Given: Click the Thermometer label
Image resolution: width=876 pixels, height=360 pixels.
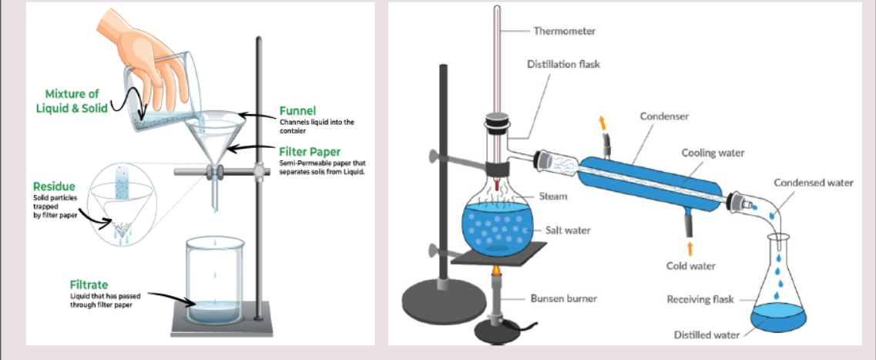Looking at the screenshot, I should (x=564, y=31).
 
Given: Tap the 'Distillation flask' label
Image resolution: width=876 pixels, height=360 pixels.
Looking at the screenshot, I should (x=563, y=65).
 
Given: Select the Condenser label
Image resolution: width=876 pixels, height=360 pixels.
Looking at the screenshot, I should (x=664, y=116).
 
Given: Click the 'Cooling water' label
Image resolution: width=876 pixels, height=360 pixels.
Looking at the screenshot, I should (x=713, y=153).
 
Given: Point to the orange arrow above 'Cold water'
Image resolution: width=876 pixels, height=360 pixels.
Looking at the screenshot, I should (x=690, y=247).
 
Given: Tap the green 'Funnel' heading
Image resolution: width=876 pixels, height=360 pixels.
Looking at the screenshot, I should (x=297, y=111).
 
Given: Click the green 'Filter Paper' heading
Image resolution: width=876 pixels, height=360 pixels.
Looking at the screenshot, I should (x=310, y=152).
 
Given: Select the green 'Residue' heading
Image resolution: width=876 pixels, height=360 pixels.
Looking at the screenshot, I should (x=53, y=187).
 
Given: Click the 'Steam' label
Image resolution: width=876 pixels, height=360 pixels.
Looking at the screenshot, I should (x=553, y=196).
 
